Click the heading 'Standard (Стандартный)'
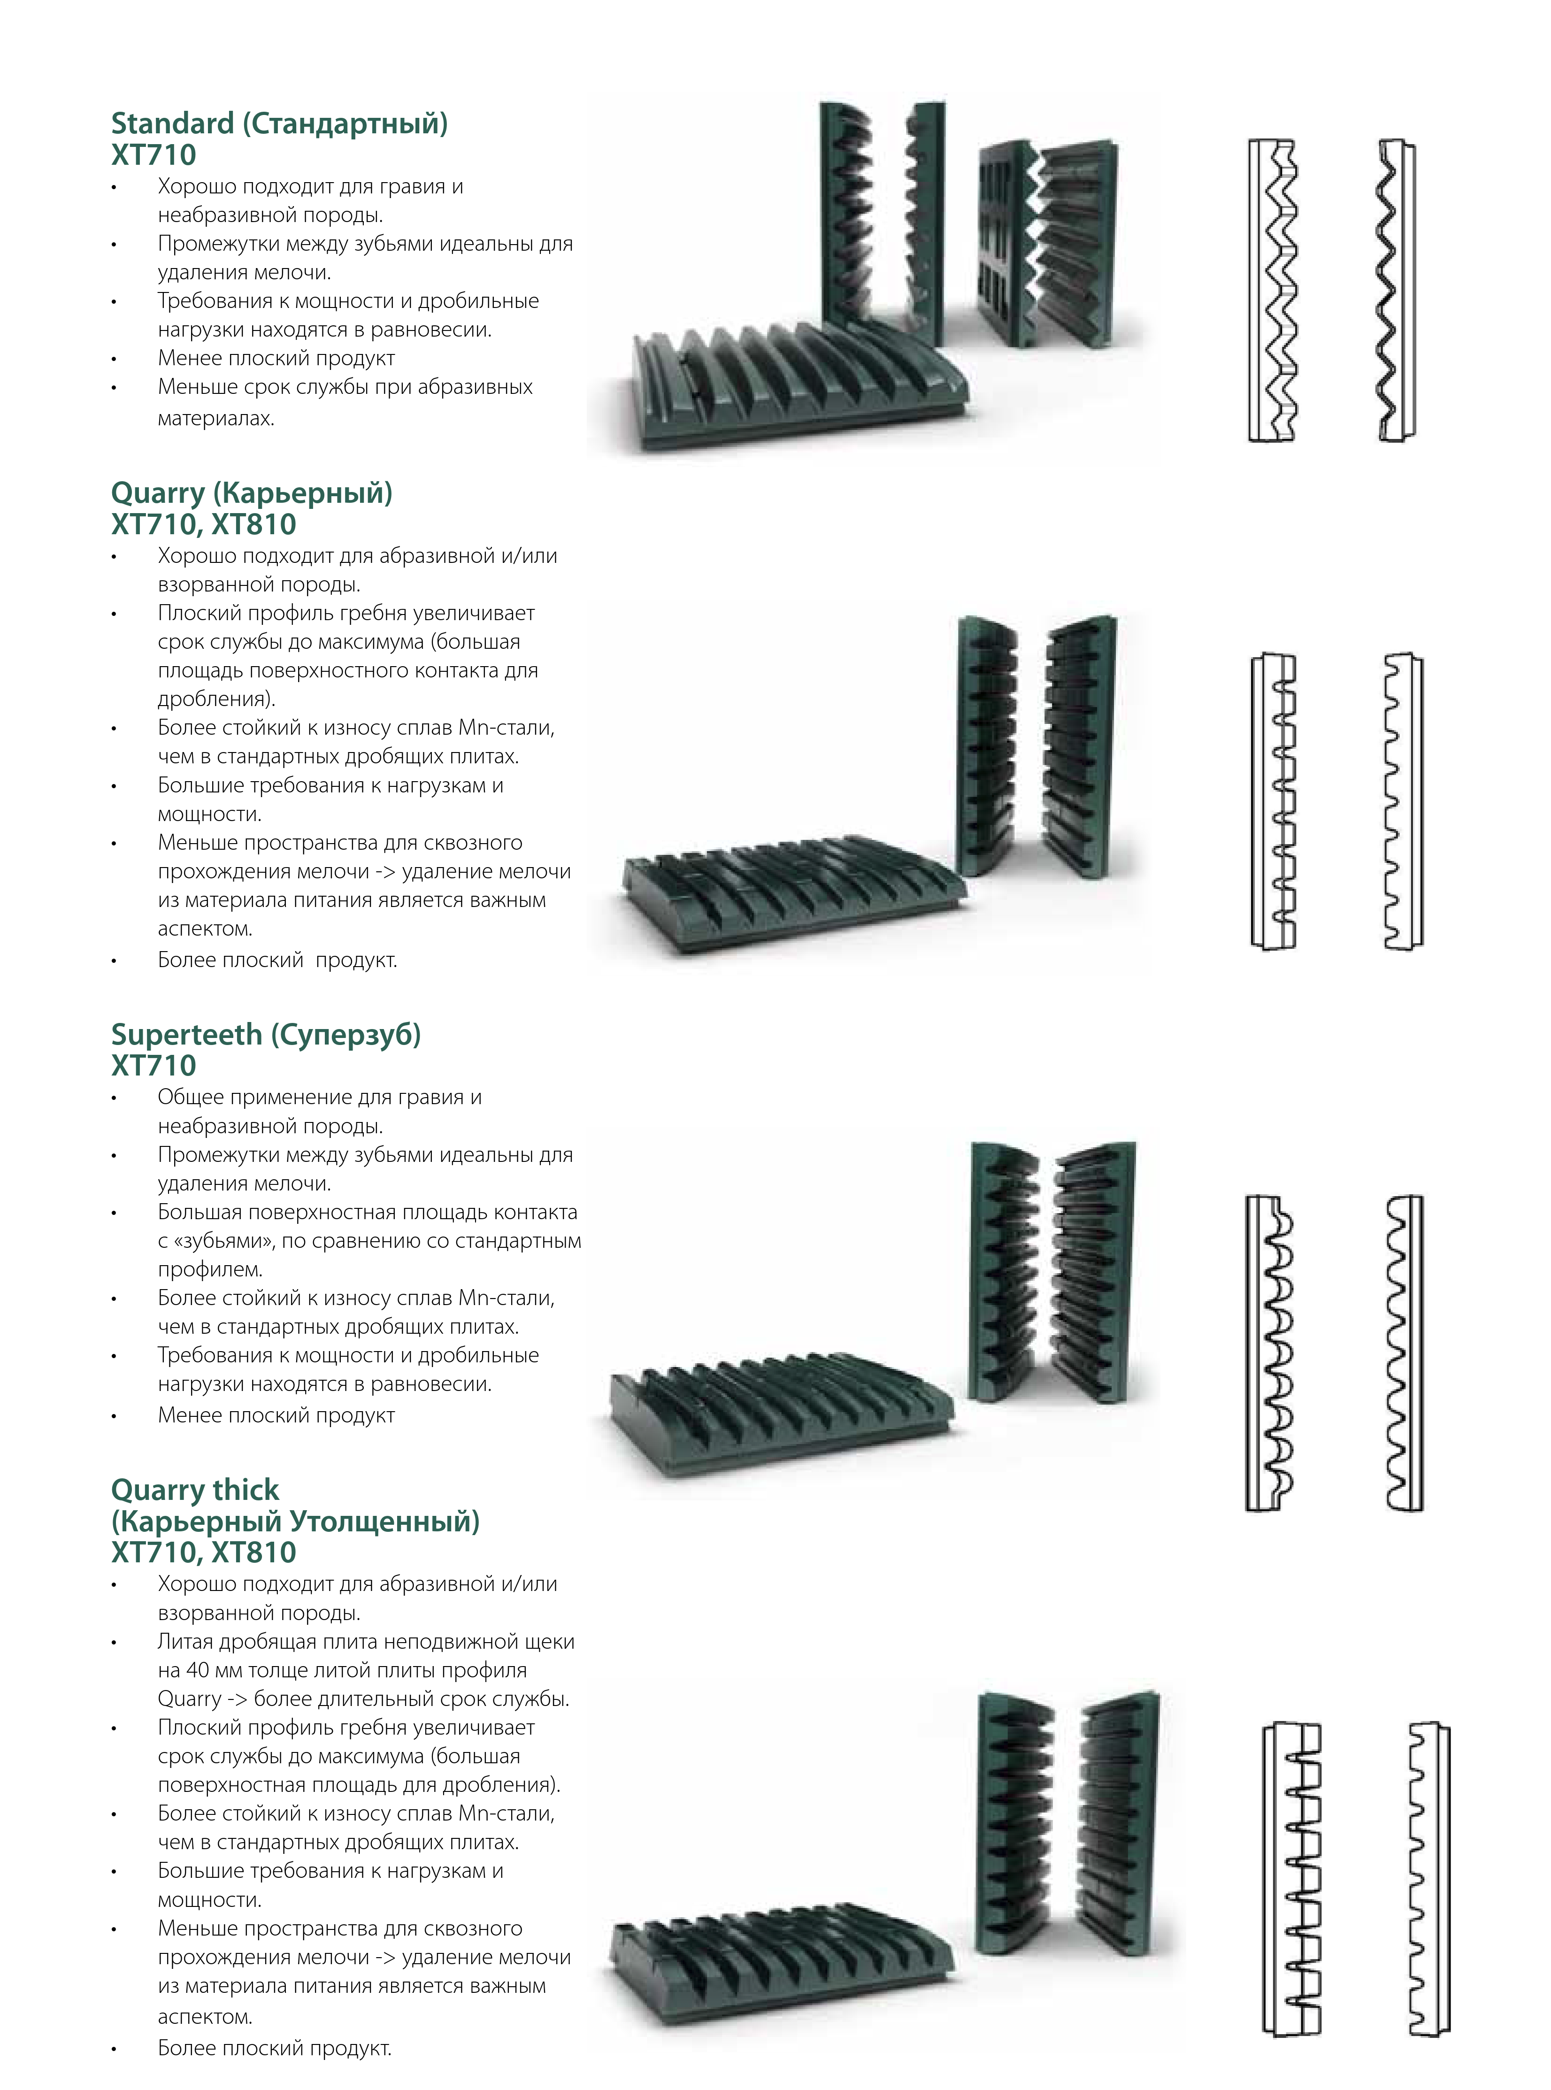point(280,123)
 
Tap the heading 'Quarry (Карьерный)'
point(252,493)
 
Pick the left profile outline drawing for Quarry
point(1274,801)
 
